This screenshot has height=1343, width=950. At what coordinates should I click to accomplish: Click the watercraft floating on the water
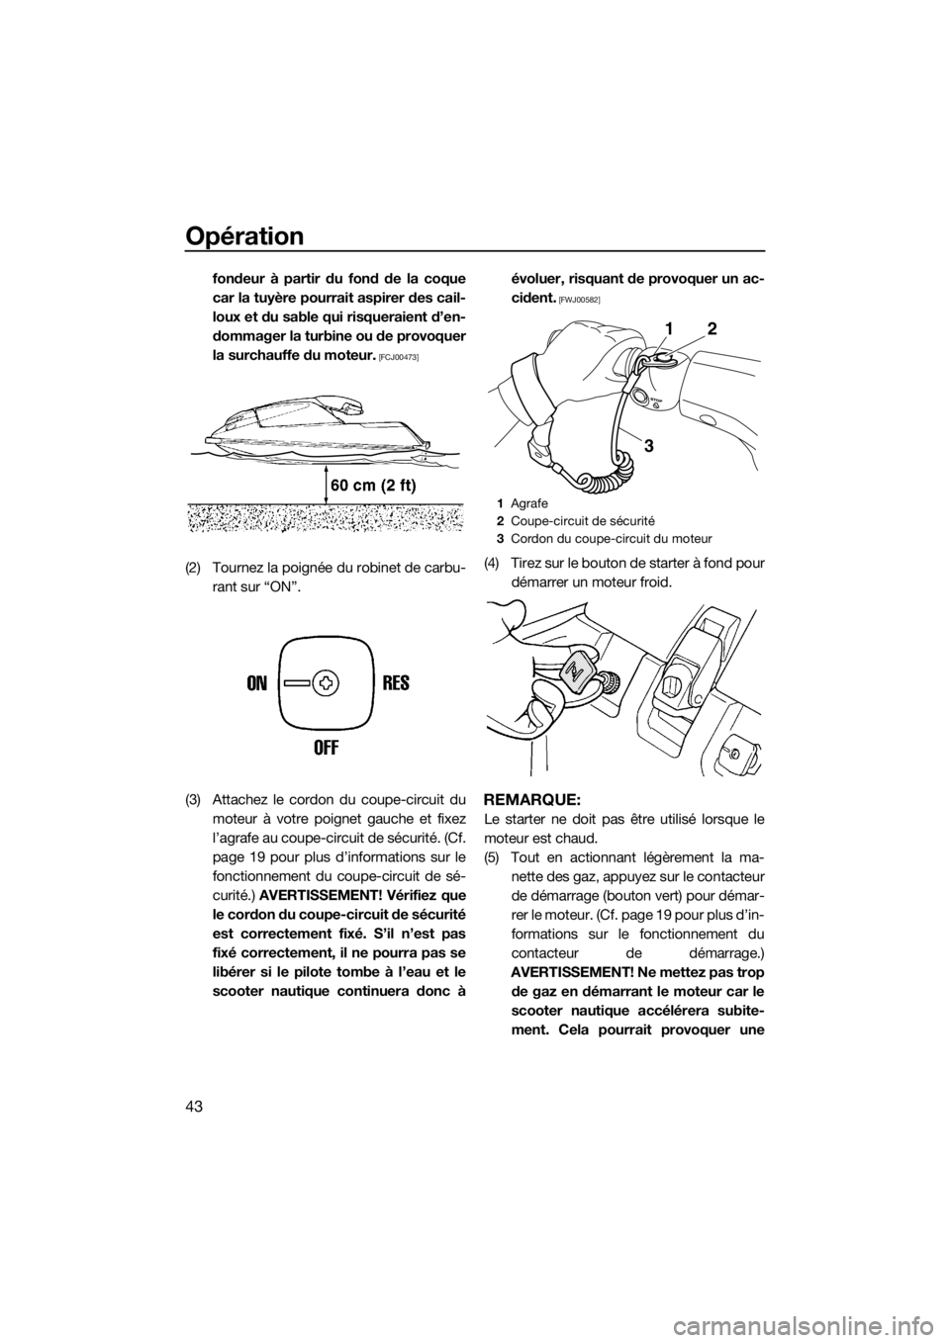[317, 435]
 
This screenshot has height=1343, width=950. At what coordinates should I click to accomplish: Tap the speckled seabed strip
[327, 519]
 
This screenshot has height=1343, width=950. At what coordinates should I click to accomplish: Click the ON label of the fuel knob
[257, 683]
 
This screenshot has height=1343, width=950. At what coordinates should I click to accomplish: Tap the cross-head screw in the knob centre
[326, 682]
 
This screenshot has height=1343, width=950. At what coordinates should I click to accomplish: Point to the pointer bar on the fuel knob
[297, 682]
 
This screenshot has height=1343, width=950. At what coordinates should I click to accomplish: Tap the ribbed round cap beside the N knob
[614, 681]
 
